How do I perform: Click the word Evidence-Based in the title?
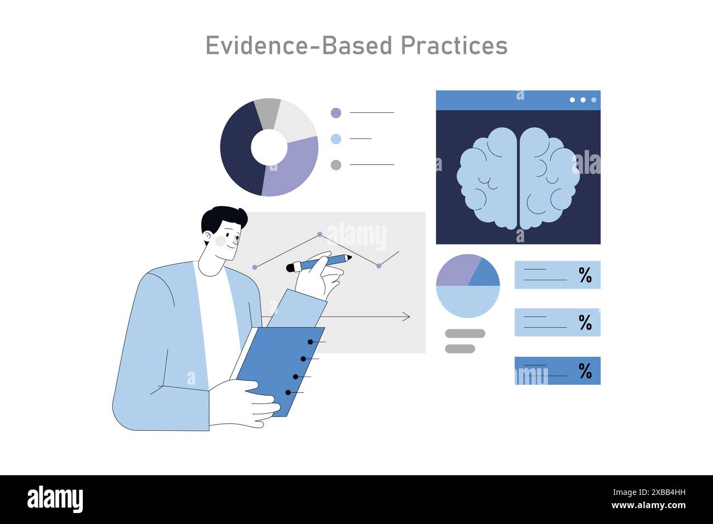coord(299,45)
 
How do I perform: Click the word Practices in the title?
coord(454,45)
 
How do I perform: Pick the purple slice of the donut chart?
coord(291,170)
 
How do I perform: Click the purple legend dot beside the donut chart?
coord(336,113)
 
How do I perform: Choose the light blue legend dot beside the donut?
coord(336,139)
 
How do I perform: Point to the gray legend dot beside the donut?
coord(336,164)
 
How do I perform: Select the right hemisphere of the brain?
coord(548,178)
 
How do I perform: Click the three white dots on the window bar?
coord(582,100)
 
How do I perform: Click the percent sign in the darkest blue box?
coord(585,371)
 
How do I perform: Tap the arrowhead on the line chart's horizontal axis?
coord(406,317)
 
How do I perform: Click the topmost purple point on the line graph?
coord(320,234)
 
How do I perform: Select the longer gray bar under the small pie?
coord(465,333)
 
